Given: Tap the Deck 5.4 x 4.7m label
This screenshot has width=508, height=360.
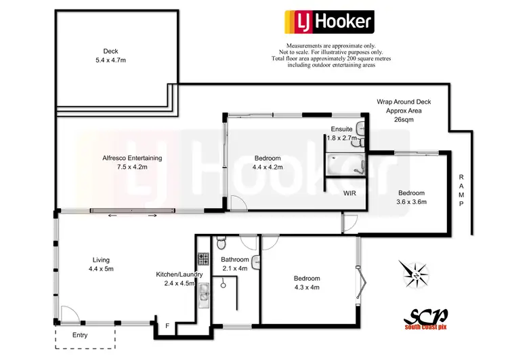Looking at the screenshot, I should click(x=110, y=56).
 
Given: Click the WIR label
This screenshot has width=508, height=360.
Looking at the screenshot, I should click(x=350, y=193).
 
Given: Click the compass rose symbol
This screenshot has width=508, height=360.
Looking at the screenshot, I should click(x=415, y=275).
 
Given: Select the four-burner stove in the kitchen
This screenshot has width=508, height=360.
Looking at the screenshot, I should click(x=201, y=258).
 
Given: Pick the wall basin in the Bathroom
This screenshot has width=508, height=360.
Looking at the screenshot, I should click(x=257, y=260).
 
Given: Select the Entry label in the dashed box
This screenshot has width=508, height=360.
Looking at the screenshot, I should click(x=80, y=336).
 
